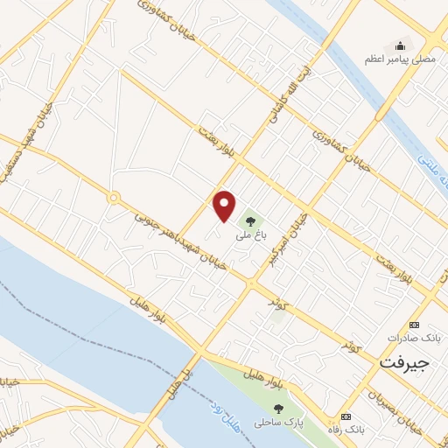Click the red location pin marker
225,205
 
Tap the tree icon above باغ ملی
251,220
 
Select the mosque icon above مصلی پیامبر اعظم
400,45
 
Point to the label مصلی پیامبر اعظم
399,59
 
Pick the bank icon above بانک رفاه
346,416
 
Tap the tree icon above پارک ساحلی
278,409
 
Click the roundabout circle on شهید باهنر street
113,198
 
